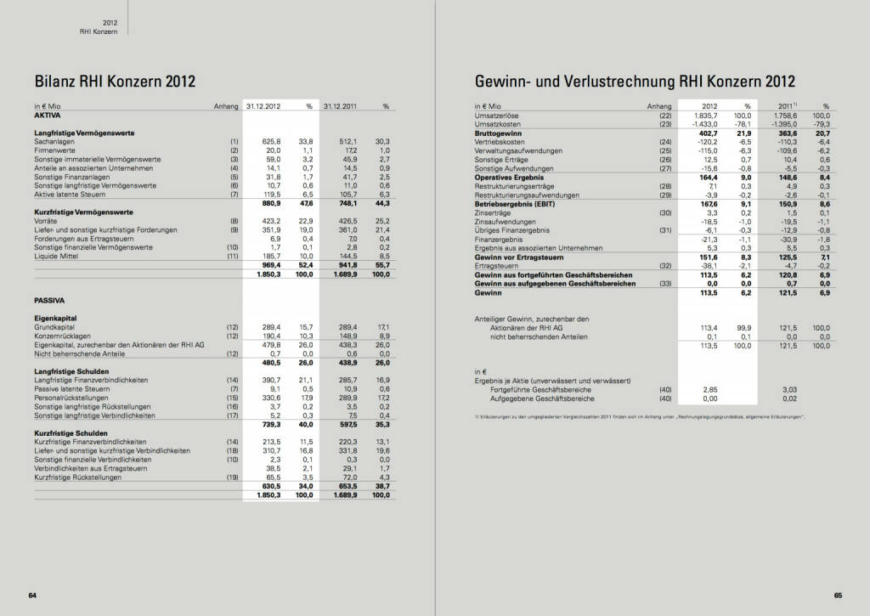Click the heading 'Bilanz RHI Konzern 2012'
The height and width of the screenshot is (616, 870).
pos(115,82)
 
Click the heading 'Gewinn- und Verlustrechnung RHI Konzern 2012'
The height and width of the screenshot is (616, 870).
pos(636,82)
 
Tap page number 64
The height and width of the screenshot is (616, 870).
pos(32,595)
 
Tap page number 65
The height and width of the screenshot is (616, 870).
pos(837,595)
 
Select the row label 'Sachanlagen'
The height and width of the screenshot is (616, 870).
pos(54,141)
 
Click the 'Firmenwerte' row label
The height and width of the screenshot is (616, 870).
pos(54,150)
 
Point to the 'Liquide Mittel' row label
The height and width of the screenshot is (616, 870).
pos(56,255)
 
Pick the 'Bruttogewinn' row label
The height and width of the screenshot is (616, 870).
pos(498,133)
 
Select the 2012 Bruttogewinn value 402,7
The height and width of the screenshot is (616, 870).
pos(698,133)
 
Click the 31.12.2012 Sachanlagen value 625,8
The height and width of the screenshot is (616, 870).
pos(271,141)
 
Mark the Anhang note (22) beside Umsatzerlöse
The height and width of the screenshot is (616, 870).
pos(664,115)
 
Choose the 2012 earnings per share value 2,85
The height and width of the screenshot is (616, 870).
pos(700,389)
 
